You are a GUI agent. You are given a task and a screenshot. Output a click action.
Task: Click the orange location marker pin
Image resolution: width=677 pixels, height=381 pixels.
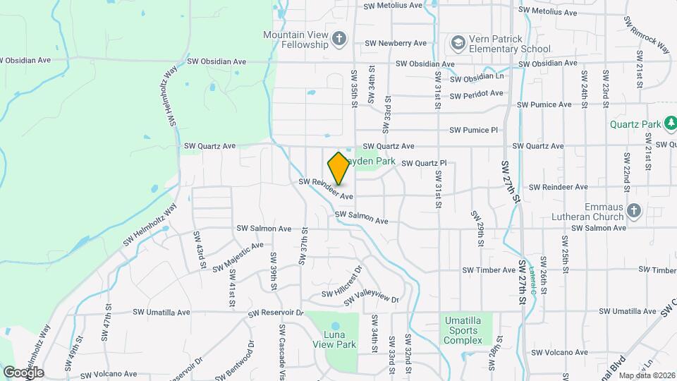(338, 169)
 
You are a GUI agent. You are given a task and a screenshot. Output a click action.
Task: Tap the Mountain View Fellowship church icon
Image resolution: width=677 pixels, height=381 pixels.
(340, 38)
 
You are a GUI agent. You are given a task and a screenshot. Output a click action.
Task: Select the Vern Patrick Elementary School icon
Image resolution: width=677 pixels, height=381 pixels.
(458, 43)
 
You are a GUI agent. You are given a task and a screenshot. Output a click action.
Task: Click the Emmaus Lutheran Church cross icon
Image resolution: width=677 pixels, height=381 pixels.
(633, 210)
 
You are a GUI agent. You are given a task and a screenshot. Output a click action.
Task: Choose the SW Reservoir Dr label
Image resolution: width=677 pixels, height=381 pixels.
(276, 312)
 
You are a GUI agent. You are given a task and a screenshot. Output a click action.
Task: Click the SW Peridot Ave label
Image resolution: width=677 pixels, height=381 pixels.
(476, 93)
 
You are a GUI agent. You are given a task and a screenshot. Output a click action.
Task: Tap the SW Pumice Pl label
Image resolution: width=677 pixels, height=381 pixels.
(473, 130)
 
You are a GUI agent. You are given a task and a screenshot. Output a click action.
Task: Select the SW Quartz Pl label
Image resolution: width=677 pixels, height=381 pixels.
(424, 163)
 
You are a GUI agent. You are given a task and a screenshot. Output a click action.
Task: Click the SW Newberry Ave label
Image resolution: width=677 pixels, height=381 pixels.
(396, 43)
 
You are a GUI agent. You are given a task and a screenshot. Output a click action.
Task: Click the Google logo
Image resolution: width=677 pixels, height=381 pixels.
(23, 373)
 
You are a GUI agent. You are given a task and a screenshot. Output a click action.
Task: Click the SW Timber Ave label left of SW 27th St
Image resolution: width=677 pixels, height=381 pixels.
(489, 270)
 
